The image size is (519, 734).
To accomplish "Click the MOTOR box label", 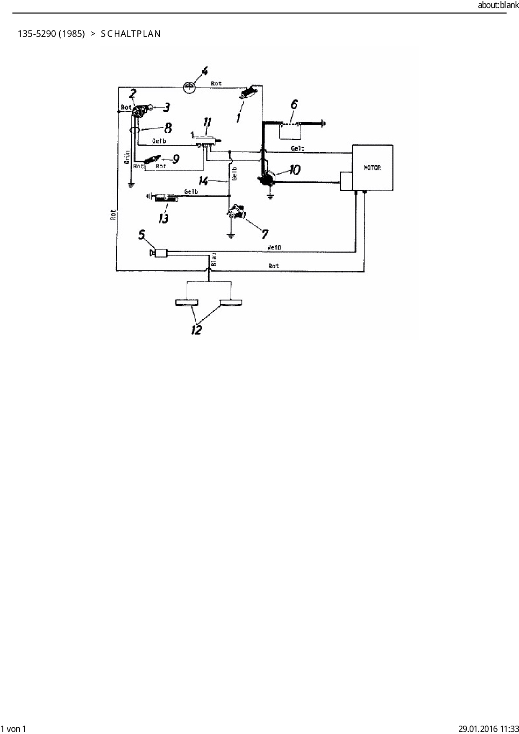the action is (372, 168).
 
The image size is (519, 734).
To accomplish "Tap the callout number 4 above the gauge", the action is (204, 71).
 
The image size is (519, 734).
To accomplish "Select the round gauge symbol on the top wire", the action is (190, 87).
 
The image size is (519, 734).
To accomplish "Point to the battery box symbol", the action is (290, 131).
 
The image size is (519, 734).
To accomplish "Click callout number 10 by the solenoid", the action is (294, 170).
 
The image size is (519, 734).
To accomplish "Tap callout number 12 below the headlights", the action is (196, 330).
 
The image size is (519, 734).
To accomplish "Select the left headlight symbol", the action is (187, 303).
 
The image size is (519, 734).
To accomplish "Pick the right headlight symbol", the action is (231, 303).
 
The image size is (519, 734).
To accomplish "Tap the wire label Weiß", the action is (275, 248).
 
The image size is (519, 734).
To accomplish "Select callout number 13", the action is (163, 218).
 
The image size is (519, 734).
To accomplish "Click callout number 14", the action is (203, 181).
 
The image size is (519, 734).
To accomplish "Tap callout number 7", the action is (265, 234).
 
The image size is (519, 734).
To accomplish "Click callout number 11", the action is (207, 123).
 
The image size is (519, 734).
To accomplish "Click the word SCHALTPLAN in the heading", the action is (131, 34).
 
